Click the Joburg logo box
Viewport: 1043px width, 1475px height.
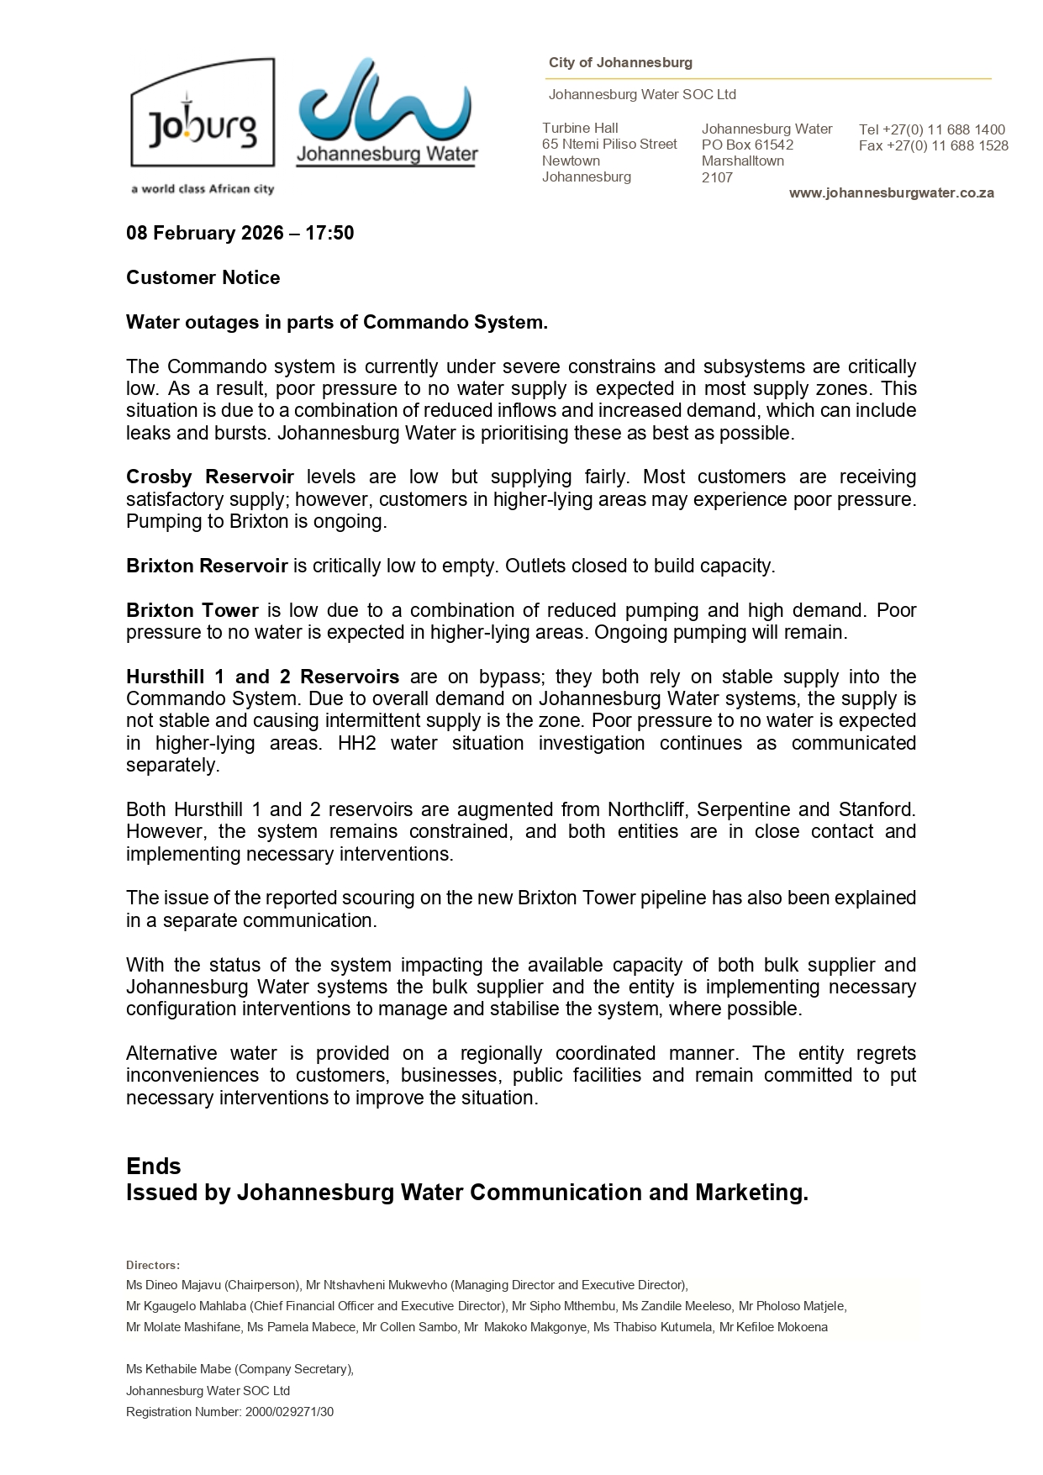coord(203,113)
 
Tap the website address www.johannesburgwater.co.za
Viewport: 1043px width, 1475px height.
coord(891,193)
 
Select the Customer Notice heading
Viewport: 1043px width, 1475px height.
coord(203,277)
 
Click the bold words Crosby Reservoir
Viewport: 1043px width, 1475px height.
coord(209,477)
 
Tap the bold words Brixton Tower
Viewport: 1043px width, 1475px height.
coord(192,610)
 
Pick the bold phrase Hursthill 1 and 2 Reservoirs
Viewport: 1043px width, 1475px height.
coord(262,677)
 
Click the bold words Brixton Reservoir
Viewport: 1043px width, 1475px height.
coord(207,566)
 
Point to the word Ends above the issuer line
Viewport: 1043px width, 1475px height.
coord(153,1166)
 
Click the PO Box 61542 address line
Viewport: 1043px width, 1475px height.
coord(747,145)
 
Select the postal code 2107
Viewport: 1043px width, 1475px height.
coord(717,177)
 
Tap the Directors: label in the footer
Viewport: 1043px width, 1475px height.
coord(152,1265)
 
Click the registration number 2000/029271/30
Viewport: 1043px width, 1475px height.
coord(289,1412)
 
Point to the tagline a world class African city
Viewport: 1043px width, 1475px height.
coord(203,189)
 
